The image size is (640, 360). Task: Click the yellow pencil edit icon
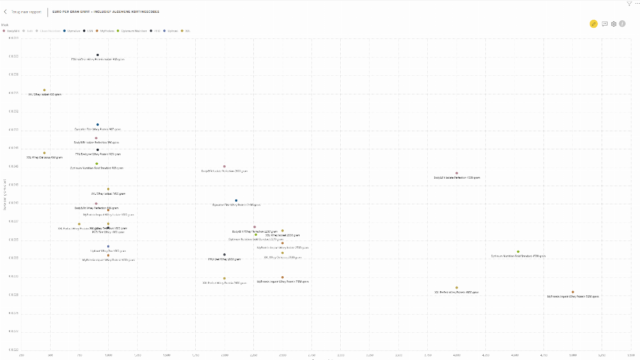(594, 24)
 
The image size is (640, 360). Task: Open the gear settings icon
(614, 24)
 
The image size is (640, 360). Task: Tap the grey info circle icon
(622, 24)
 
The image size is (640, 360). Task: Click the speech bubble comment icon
(605, 24)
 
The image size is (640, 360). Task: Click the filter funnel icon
(629, 3)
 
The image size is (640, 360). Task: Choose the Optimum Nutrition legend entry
(132, 31)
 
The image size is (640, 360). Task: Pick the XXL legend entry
(186, 31)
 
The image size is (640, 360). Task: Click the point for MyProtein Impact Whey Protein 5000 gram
(573, 292)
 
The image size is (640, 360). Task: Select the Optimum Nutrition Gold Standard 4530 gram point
(518, 252)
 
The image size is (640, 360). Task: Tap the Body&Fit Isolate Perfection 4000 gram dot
(457, 173)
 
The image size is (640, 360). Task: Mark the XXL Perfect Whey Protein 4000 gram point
(457, 288)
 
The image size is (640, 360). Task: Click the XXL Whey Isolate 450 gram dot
(44, 90)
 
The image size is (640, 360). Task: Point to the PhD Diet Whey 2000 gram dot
(224, 255)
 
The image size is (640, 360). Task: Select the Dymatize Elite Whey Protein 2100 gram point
(236, 201)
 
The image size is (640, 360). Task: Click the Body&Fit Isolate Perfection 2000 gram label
(224, 171)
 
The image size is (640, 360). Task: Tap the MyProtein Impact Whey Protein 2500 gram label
(283, 282)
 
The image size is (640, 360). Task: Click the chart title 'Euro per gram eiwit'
(106, 11)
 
